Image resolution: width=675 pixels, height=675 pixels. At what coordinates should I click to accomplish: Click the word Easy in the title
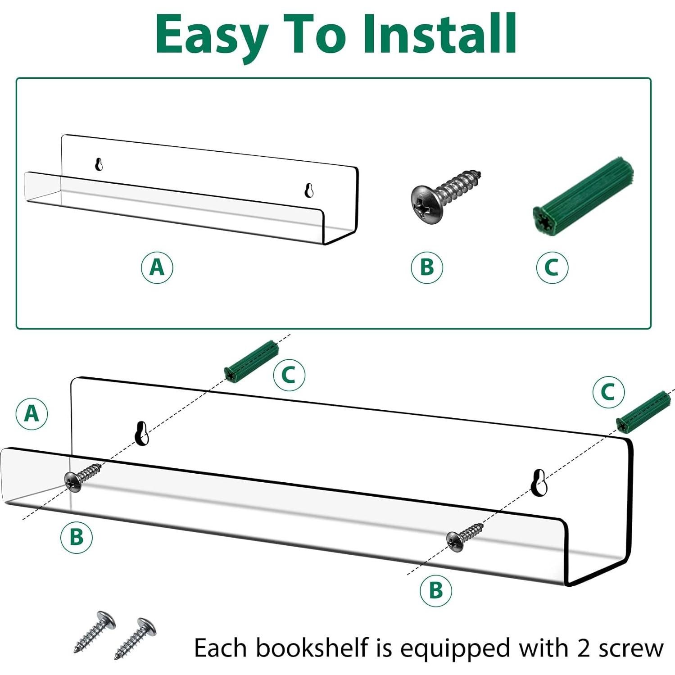pyautogui.click(x=212, y=35)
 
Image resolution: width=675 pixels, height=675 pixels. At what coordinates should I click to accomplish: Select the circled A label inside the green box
pyautogui.click(x=157, y=267)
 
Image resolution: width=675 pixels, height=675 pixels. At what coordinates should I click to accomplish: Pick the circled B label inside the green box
pyautogui.click(x=427, y=267)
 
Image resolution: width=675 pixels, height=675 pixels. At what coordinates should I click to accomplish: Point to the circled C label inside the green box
pyautogui.click(x=552, y=267)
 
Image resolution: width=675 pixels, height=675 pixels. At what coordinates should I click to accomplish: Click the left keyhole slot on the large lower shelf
pyautogui.click(x=142, y=433)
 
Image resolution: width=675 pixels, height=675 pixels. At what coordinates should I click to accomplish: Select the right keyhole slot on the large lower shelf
pyautogui.click(x=539, y=482)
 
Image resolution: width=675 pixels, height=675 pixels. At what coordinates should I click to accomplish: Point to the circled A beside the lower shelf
pyautogui.click(x=32, y=413)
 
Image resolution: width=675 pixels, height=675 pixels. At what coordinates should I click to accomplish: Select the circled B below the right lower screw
pyautogui.click(x=435, y=590)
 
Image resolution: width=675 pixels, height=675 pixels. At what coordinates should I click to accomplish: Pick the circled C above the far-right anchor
pyautogui.click(x=608, y=392)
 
